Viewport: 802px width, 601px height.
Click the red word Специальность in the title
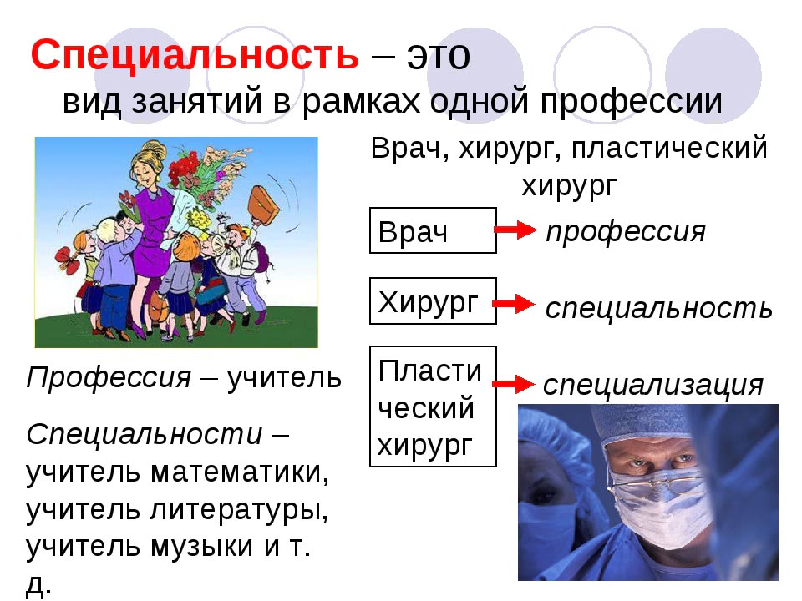pyautogui.click(x=195, y=55)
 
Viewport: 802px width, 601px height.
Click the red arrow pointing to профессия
pyautogui.click(x=515, y=230)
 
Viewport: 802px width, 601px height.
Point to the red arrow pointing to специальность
pyautogui.click(x=514, y=304)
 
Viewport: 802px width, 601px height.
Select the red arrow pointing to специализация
pyautogui.click(x=514, y=384)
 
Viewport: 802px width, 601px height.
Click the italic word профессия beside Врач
pyautogui.click(x=626, y=232)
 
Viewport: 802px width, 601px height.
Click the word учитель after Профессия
pyautogui.click(x=284, y=377)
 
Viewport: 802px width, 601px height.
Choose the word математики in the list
pyautogui.click(x=240, y=472)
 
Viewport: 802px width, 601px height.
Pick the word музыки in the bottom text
pyautogui.click(x=202, y=546)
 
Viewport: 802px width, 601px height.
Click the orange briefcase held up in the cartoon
pyautogui.click(x=262, y=205)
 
